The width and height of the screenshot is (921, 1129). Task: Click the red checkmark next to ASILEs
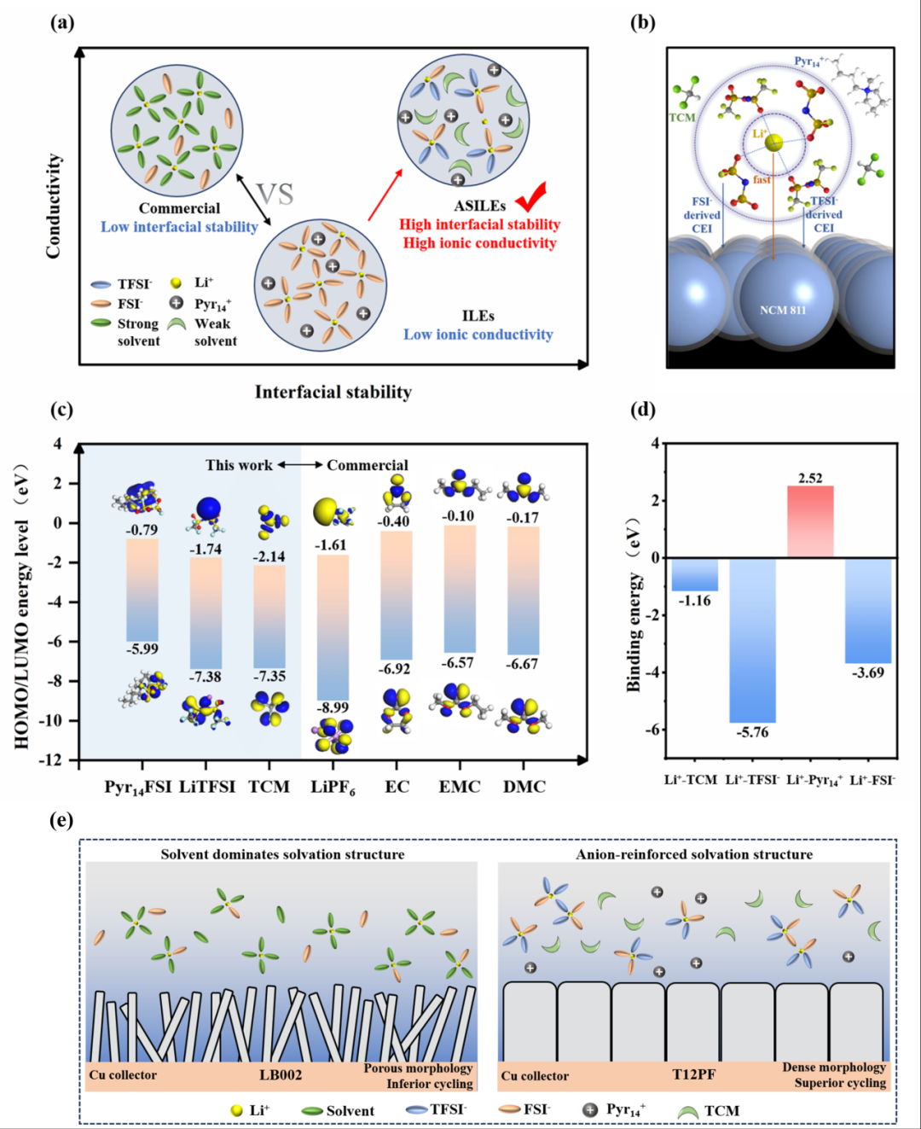(x=530, y=197)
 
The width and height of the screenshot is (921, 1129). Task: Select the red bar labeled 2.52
(x=810, y=521)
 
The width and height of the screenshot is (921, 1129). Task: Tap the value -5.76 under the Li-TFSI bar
(x=752, y=732)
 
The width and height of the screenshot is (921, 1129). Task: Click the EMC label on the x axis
(x=460, y=786)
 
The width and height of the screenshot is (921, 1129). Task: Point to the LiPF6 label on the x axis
(x=333, y=787)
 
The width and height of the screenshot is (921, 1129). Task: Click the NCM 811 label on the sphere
(x=782, y=310)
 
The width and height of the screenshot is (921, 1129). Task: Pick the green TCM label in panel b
(x=681, y=118)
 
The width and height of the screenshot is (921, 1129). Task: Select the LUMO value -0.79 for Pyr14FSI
(x=142, y=530)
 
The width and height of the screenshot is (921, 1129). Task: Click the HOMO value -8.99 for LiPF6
(x=333, y=707)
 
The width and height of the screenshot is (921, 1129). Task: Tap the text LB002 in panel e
(x=281, y=1074)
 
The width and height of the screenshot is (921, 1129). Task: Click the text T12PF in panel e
(x=694, y=1074)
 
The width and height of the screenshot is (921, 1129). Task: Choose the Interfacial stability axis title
(x=333, y=392)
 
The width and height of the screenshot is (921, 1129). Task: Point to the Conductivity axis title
(x=54, y=206)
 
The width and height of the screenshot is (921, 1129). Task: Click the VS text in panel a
(x=275, y=195)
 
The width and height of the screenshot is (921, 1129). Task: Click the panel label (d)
(x=642, y=410)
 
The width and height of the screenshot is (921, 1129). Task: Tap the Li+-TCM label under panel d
(x=691, y=779)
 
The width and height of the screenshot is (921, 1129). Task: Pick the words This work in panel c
(x=239, y=465)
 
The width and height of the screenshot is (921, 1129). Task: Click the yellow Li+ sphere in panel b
(x=773, y=143)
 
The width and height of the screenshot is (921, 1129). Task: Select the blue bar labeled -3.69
(x=868, y=610)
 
